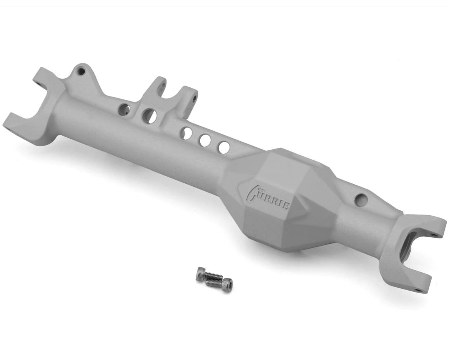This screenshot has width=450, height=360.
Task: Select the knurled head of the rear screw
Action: tap(201, 274)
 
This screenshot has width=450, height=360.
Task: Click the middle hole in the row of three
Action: tap(205, 140)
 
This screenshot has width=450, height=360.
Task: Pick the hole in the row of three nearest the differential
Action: tap(224, 147)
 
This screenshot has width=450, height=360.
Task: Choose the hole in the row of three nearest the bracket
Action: tap(186, 133)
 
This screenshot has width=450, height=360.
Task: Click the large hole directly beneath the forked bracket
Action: tap(150, 116)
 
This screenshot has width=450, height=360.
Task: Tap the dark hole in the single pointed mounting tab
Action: tap(80, 70)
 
